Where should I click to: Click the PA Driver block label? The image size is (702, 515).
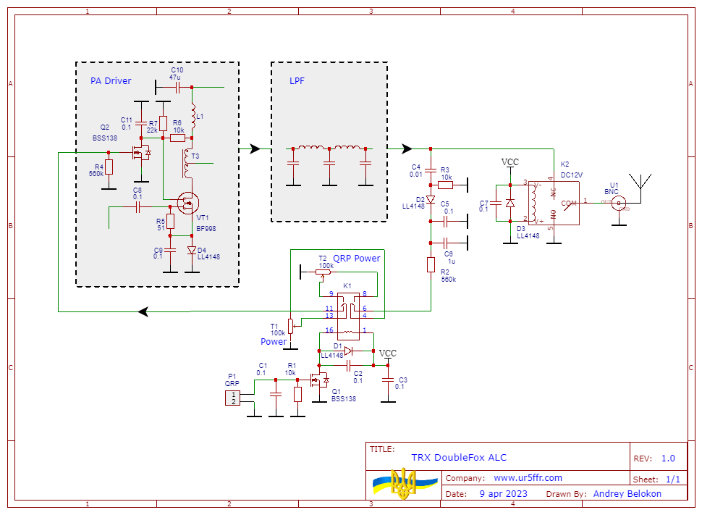(x=111, y=81)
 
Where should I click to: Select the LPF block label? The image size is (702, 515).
(x=297, y=81)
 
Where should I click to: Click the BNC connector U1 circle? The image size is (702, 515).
(x=618, y=204)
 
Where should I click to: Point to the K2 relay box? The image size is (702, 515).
(x=554, y=203)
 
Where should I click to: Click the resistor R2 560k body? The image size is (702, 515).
(x=431, y=264)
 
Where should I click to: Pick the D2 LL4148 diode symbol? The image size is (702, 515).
(x=431, y=199)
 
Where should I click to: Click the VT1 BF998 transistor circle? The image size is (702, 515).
(x=189, y=204)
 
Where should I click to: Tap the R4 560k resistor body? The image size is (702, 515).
(x=109, y=168)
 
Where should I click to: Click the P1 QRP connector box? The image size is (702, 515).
(x=233, y=398)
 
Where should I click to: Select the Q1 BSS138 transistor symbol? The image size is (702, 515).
(x=318, y=380)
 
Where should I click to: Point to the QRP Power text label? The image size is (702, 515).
(x=357, y=259)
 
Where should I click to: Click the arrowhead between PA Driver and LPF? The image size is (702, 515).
(x=254, y=148)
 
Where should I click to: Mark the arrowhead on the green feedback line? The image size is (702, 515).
(x=143, y=311)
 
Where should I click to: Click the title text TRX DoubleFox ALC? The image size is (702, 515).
(x=459, y=458)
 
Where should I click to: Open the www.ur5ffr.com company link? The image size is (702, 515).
(x=528, y=478)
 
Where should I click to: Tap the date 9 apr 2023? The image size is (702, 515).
(x=503, y=494)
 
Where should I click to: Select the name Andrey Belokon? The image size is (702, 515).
(x=627, y=494)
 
